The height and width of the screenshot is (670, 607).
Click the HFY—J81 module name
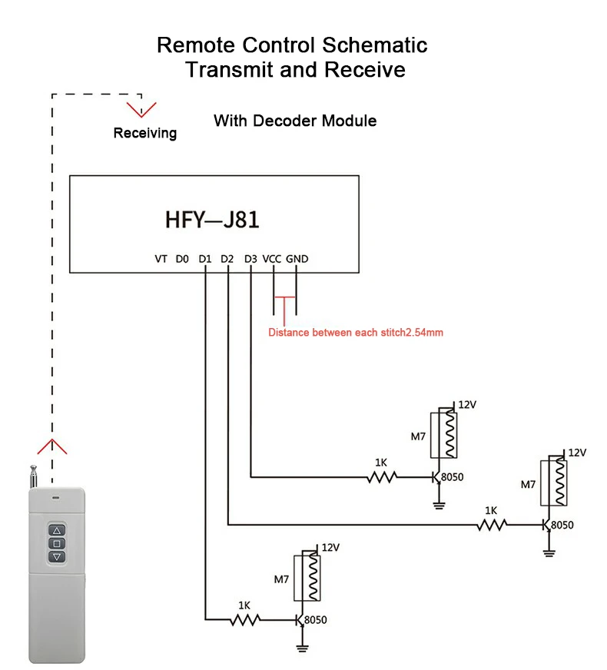[212, 221]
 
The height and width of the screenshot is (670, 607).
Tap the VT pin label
[161, 259]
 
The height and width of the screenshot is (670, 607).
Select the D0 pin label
[181, 259]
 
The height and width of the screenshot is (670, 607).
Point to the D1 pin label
[204, 259]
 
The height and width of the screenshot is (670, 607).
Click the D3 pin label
[250, 259]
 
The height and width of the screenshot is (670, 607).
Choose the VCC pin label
[273, 259]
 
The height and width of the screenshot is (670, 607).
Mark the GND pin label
[297, 259]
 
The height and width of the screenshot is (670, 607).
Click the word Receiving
[144, 133]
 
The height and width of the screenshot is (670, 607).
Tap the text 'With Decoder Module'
[295, 121]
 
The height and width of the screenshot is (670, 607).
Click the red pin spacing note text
[356, 333]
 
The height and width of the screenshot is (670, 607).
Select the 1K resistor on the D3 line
[381, 477]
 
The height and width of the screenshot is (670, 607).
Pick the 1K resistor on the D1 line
[245, 619]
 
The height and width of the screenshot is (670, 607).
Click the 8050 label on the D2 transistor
[562, 525]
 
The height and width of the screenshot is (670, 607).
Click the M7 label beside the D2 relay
[528, 485]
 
